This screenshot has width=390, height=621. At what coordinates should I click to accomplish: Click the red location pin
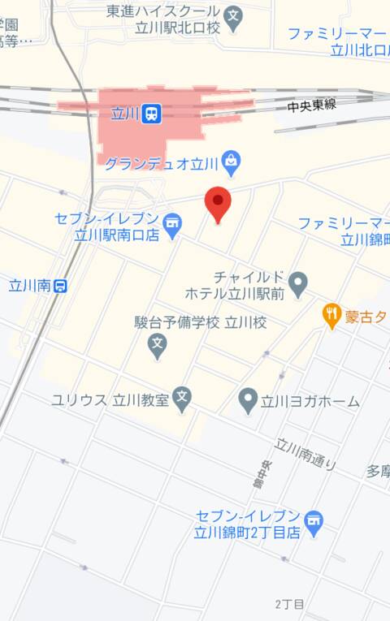218,202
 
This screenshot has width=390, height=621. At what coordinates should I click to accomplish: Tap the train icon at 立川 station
150,115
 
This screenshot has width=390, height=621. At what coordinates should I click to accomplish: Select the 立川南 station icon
60,285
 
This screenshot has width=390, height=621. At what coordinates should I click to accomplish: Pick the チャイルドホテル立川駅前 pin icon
298,283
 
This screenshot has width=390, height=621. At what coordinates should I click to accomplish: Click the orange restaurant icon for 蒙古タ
331,315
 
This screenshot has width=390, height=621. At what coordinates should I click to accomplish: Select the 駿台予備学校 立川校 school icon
158,347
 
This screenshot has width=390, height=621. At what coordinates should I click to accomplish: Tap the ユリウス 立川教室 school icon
183,399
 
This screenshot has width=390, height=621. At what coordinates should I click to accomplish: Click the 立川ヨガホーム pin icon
247,399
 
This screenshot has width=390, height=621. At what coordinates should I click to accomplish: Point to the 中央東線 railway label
311,105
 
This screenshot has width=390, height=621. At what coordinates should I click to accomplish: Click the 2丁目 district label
289,604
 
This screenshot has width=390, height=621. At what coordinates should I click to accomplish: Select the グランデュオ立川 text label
162,163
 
